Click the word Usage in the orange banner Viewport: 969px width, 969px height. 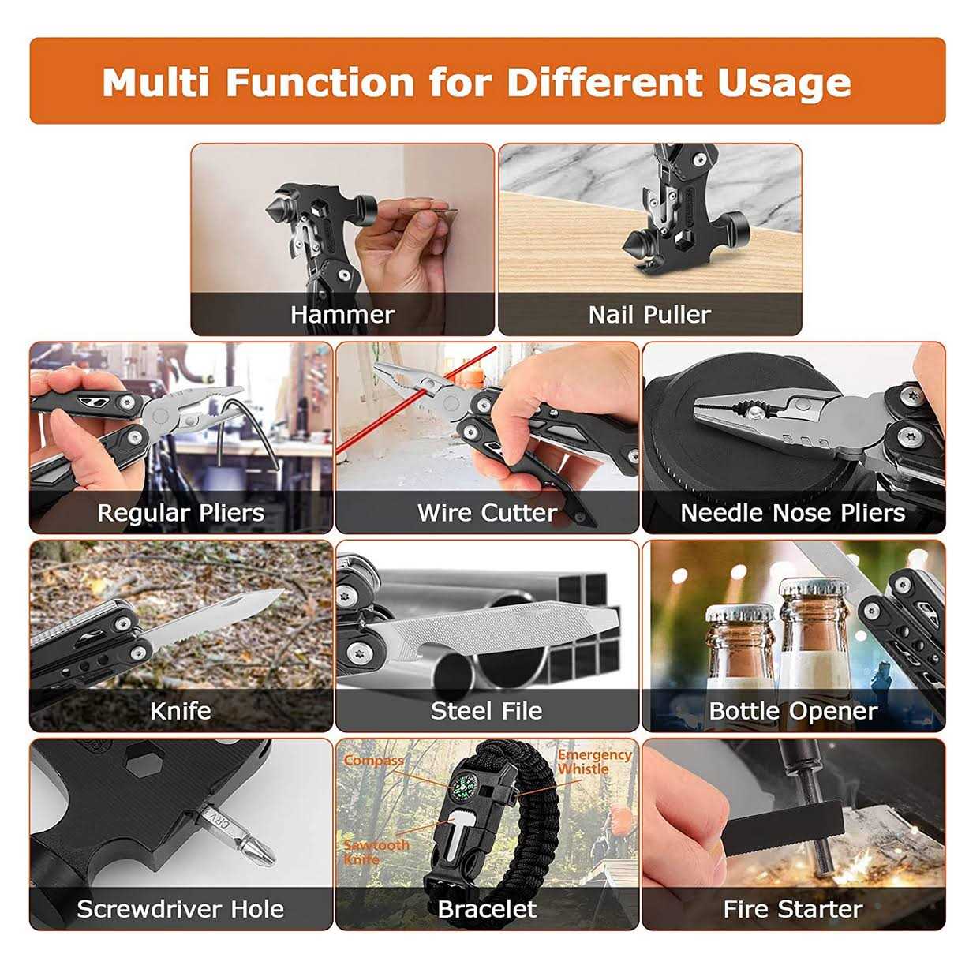(x=784, y=84)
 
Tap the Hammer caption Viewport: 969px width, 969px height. (x=342, y=316)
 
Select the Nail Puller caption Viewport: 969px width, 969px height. (x=649, y=316)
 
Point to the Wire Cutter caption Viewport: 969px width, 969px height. (x=487, y=513)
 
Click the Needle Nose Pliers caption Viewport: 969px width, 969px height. (x=792, y=513)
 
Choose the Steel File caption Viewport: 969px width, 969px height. (x=486, y=711)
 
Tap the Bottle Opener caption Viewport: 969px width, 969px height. (x=793, y=711)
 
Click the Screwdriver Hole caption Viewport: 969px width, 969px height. (x=180, y=909)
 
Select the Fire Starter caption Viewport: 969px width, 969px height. (x=793, y=909)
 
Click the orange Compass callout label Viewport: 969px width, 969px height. (x=373, y=761)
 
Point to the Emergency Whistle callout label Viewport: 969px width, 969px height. (x=594, y=761)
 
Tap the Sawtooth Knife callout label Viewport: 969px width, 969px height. (x=376, y=852)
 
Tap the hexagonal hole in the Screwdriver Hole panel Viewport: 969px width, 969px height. (x=143, y=763)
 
